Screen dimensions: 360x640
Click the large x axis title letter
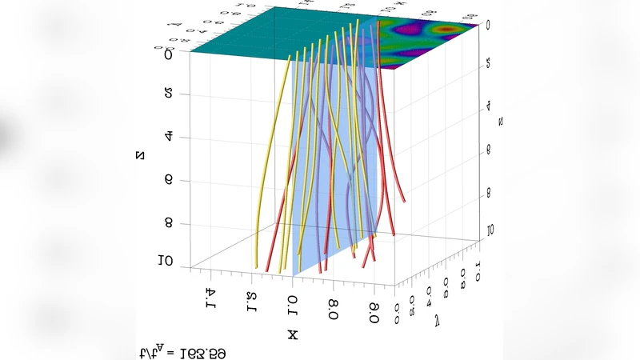coord(293,334)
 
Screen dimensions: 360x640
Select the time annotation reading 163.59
coord(186,352)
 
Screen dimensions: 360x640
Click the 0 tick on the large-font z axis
coord(168,55)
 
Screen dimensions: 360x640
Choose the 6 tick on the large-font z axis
coord(168,180)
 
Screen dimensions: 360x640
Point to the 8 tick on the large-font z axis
coord(168,223)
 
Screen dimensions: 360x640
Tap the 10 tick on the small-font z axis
coord(487,230)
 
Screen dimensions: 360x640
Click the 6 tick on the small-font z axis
coord(487,150)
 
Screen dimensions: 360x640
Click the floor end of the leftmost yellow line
coord(256,267)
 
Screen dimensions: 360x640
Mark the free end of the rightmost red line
coord(405,202)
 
